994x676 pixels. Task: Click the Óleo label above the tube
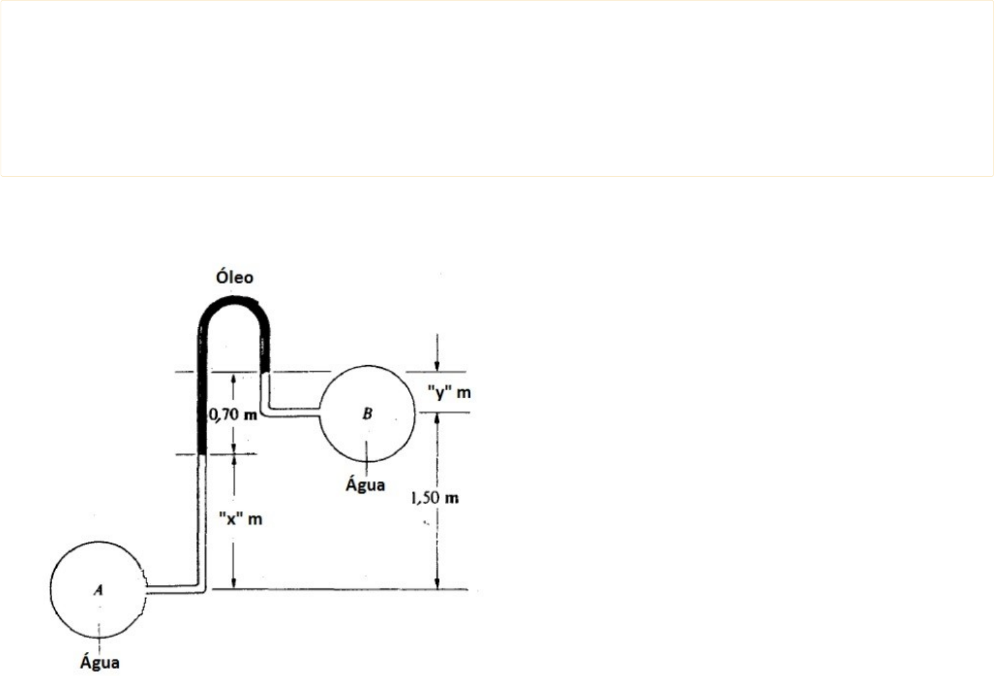(234, 277)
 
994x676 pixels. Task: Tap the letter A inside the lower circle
(99, 590)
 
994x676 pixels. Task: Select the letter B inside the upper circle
(368, 413)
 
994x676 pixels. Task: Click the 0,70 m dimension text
(233, 415)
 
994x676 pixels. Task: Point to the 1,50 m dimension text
(435, 499)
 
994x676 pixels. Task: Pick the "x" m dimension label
(241, 519)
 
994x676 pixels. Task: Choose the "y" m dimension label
(449, 392)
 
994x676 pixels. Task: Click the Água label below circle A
(100, 662)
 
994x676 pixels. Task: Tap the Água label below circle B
(366, 484)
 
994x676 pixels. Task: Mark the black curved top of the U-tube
(234, 302)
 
